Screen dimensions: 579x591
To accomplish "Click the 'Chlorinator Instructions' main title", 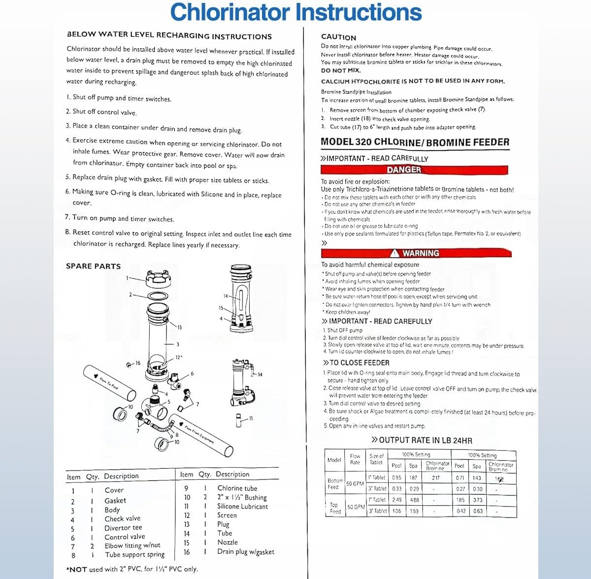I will pyautogui.click(x=295, y=12).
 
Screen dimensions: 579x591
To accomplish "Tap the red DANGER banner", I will pyautogui.click(x=403, y=170).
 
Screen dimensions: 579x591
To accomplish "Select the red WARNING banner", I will pyautogui.click(x=416, y=253).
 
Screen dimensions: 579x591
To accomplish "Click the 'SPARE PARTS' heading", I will pyautogui.click(x=93, y=266).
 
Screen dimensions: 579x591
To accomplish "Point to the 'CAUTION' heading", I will pyautogui.click(x=338, y=37).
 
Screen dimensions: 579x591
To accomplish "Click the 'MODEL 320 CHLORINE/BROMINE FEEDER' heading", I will pyautogui.click(x=415, y=142).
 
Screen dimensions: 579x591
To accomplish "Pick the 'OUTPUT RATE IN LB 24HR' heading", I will pyautogui.click(x=422, y=440).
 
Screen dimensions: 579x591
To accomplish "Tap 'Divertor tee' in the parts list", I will pyautogui.click(x=123, y=528).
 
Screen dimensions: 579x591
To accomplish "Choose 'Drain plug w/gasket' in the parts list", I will pyautogui.click(x=245, y=552).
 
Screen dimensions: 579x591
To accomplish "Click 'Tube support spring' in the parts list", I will pyautogui.click(x=134, y=555).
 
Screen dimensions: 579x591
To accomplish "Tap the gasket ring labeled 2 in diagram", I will pyautogui.click(x=158, y=296).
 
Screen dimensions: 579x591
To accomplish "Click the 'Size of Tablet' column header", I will pyautogui.click(x=376, y=459).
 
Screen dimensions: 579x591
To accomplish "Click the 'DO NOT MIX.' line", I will pyautogui.click(x=341, y=70).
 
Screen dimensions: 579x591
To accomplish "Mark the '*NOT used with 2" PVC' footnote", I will pyautogui.click(x=132, y=569).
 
